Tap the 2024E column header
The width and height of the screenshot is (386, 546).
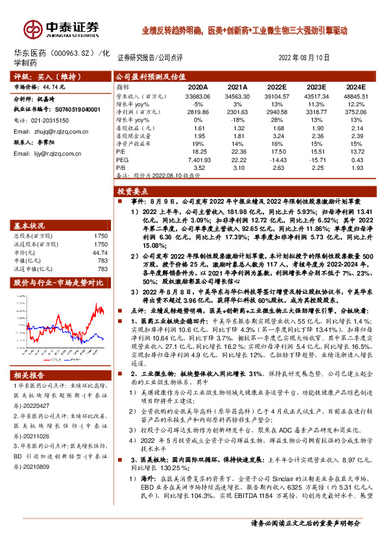tap(356, 86)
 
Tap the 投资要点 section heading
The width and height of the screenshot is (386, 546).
tap(134, 192)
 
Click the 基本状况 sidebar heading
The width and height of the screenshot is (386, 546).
tap(30, 226)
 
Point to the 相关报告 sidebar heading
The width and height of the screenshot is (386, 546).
tap(30, 375)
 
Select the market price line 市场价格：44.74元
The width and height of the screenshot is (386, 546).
tap(41, 85)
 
